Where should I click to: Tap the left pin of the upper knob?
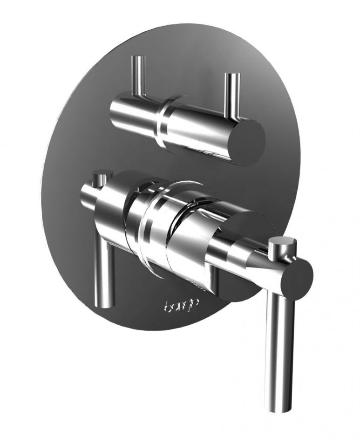pyautogui.click(x=138, y=77)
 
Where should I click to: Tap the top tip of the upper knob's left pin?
pyautogui.click(x=138, y=59)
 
